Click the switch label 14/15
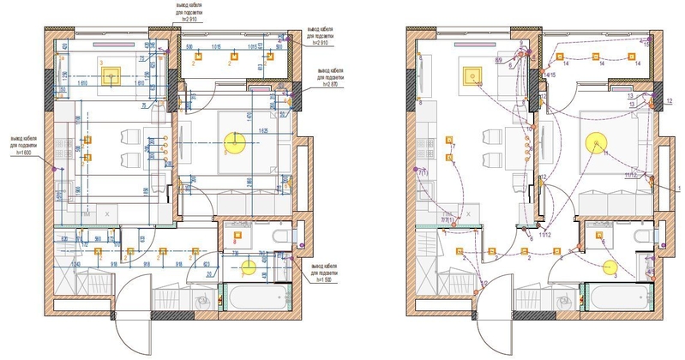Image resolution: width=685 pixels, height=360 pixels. tap(550, 75)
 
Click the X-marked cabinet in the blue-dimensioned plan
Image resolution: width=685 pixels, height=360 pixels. tap(106, 211)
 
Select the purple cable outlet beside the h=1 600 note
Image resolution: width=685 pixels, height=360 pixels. tap(55, 171)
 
